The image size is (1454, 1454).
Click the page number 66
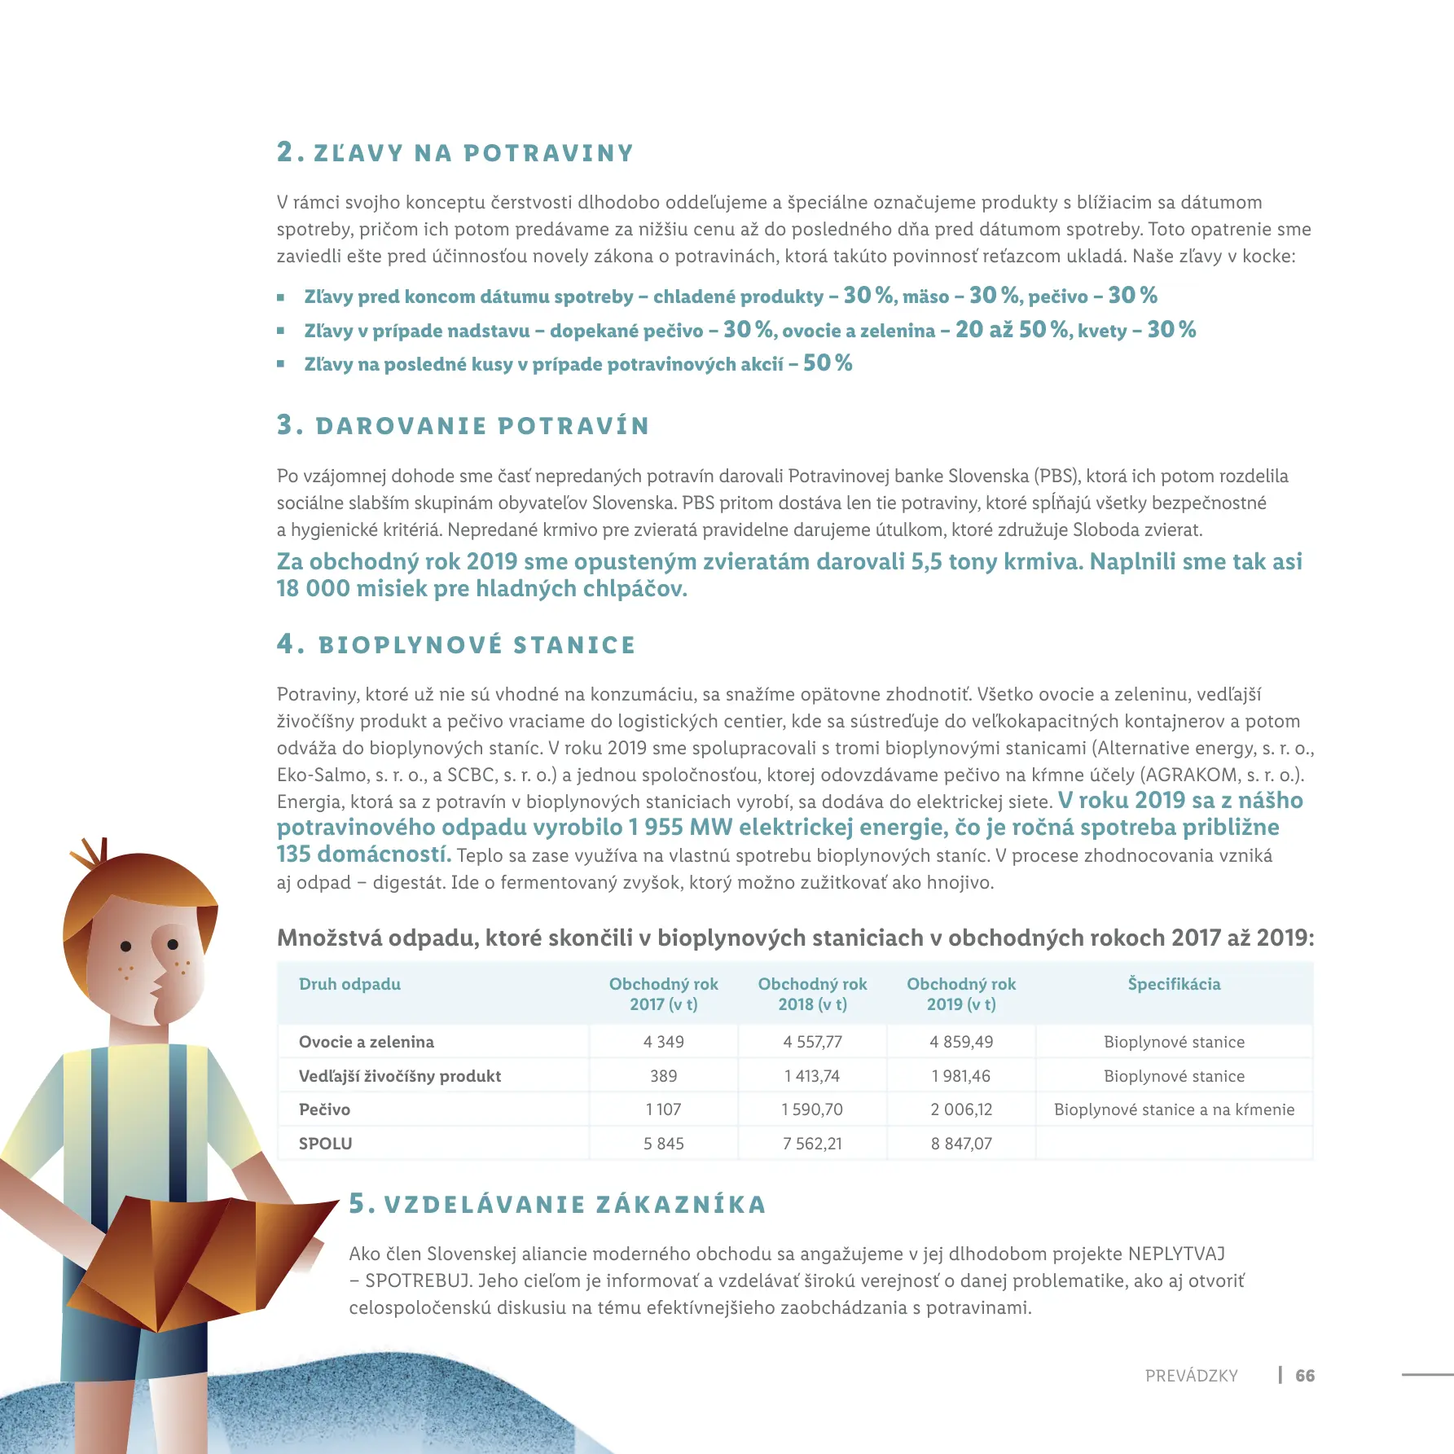click(1305, 1376)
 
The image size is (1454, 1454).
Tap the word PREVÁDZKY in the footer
click(1191, 1376)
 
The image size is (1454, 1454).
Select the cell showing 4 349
click(663, 1042)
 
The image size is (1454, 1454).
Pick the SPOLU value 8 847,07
click(961, 1144)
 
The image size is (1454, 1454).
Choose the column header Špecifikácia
click(1174, 984)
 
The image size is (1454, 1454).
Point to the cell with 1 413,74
click(812, 1076)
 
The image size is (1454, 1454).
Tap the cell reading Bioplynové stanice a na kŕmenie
click(1174, 1109)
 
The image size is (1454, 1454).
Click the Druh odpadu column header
click(349, 984)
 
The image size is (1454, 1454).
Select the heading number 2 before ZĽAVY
click(285, 152)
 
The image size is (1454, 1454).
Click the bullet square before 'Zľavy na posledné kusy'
click(281, 364)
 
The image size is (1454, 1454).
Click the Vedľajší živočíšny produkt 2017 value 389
click(663, 1076)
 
